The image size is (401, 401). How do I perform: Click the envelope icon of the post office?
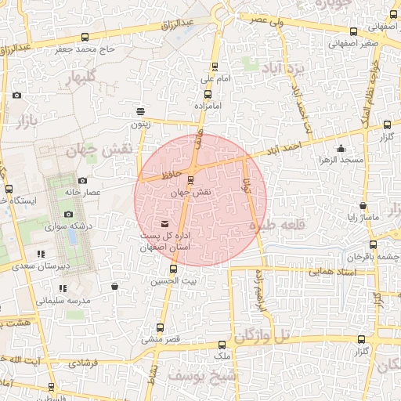[164, 226]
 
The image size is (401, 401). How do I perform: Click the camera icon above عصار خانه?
[82, 181]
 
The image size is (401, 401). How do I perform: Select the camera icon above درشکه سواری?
[68, 214]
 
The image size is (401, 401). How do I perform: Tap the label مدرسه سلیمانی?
[63, 300]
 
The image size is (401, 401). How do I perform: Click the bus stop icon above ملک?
[222, 344]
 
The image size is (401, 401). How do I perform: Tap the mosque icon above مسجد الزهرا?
[341, 150]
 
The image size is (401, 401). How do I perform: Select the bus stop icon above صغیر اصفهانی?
[354, 32]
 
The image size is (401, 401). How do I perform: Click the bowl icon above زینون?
[140, 111]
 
